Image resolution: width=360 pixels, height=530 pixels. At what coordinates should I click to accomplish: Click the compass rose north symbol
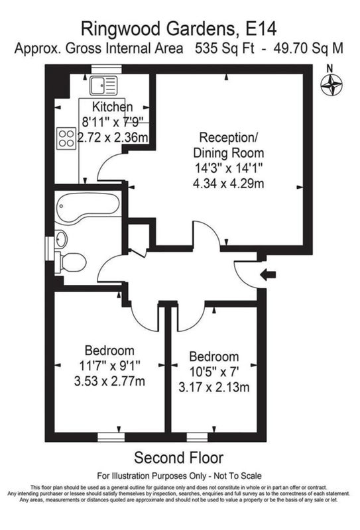click(331, 85)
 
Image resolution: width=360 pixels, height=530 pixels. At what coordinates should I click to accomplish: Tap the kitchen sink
click(103, 85)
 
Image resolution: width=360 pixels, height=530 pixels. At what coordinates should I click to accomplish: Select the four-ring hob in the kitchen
click(66, 138)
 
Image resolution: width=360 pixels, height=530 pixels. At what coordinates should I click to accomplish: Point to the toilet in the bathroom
click(70, 262)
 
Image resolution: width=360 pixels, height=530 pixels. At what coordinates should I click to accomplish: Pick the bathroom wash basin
click(61, 239)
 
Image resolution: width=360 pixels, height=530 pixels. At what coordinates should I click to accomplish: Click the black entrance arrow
click(268, 274)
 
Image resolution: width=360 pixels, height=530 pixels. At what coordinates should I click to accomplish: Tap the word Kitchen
click(112, 107)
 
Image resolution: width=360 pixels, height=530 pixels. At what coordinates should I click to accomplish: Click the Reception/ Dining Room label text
click(228, 145)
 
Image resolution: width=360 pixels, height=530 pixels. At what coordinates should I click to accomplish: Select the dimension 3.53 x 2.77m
click(109, 382)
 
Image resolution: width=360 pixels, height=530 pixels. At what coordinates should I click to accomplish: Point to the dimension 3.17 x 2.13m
click(214, 387)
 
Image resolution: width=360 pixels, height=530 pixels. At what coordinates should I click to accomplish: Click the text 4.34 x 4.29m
click(228, 184)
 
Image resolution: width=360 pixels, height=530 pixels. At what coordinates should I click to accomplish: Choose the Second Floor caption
click(178, 458)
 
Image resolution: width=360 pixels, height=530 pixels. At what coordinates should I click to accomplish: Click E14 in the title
click(261, 28)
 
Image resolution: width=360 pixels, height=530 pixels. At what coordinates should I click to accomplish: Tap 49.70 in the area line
click(290, 48)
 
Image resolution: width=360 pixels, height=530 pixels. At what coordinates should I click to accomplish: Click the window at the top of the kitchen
click(107, 69)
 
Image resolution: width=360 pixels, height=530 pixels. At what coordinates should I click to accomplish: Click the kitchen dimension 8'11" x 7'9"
click(113, 122)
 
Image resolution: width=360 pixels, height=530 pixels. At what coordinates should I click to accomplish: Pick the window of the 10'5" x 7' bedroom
click(198, 437)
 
